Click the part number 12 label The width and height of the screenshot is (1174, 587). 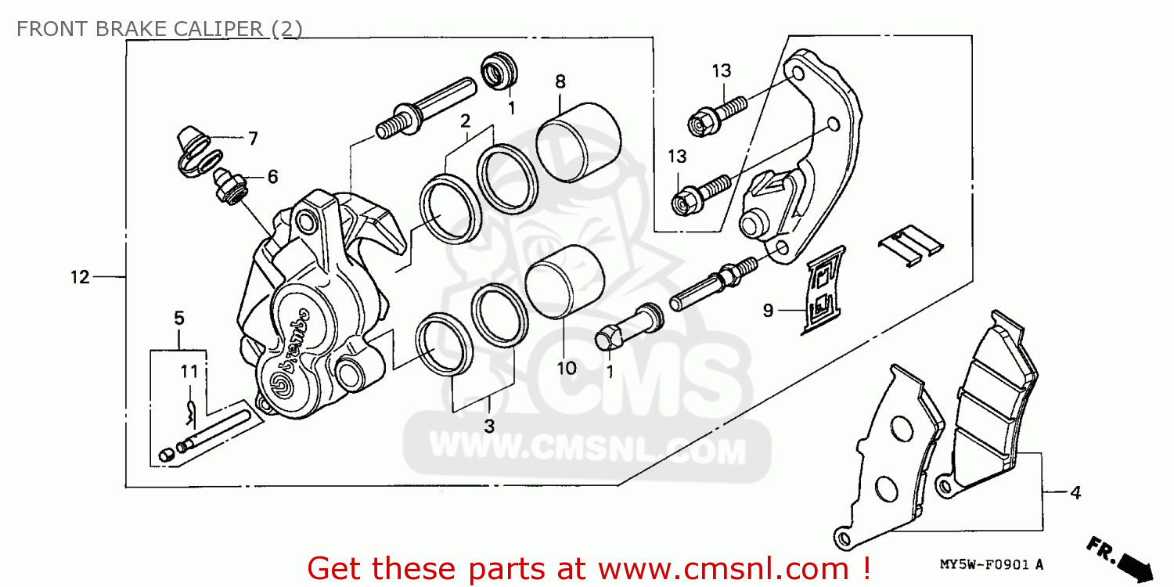click(80, 277)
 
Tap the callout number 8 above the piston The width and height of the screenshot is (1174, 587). click(560, 81)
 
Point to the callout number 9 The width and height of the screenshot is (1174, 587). click(769, 311)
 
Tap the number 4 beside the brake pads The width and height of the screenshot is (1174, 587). click(1075, 493)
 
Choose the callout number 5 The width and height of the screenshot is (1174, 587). click(178, 318)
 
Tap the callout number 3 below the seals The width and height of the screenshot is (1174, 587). click(489, 427)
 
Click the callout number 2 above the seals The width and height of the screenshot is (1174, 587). click(465, 121)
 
